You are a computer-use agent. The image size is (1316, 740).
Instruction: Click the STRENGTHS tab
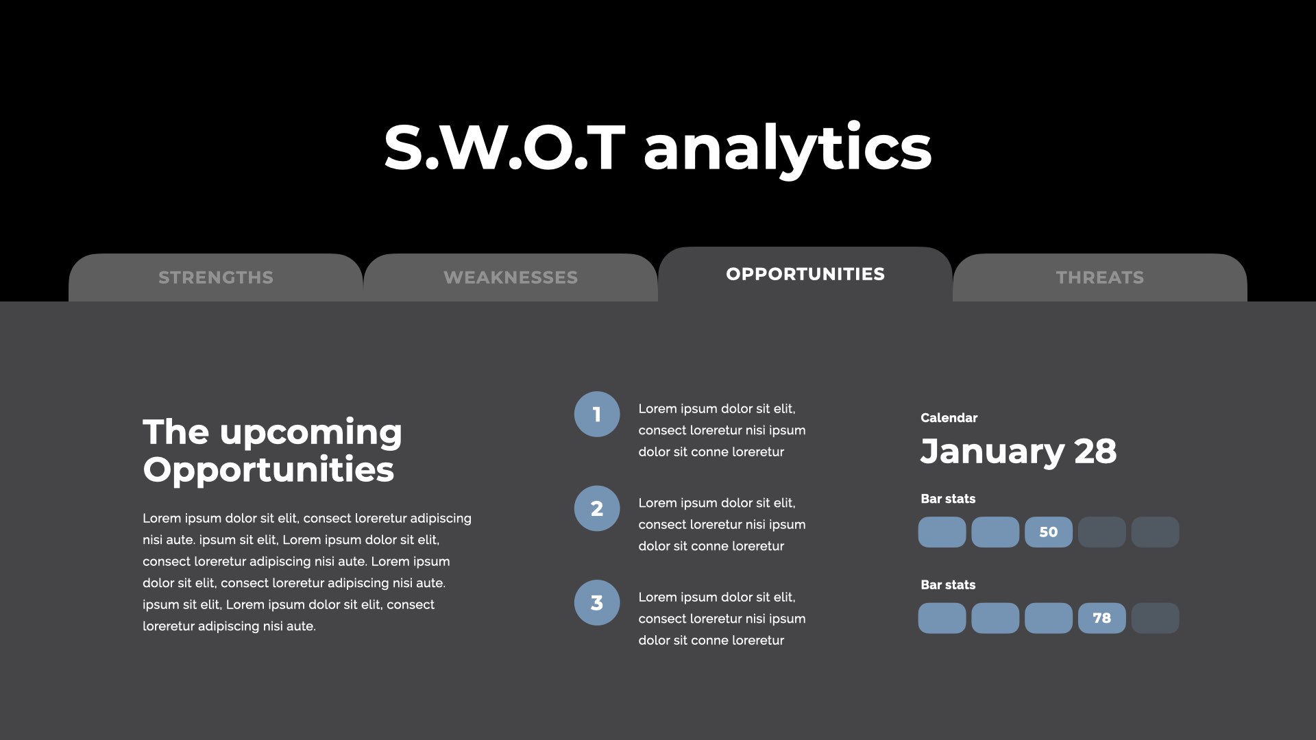(x=215, y=277)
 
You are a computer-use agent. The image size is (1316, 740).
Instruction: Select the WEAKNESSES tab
(x=511, y=277)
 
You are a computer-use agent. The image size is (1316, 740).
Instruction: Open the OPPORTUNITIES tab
(x=805, y=274)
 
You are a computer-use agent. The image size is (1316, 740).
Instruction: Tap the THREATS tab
(x=1100, y=277)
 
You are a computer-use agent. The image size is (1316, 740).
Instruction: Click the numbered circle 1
(x=597, y=414)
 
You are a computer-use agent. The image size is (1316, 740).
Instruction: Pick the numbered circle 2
(x=597, y=508)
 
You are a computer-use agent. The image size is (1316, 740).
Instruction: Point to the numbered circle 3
(x=597, y=603)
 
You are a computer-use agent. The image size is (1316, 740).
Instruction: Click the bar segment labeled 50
(x=1049, y=532)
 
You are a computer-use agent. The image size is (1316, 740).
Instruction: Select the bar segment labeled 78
(x=1101, y=618)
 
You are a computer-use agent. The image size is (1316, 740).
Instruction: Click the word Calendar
(x=949, y=418)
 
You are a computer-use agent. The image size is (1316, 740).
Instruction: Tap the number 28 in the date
(x=1095, y=452)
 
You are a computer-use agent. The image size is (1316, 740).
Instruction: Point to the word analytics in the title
(x=788, y=149)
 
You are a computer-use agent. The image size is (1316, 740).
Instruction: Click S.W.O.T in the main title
(x=504, y=148)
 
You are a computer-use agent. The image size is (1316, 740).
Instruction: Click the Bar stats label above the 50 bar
(x=948, y=499)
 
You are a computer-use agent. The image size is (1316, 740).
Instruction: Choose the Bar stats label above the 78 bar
(x=948, y=584)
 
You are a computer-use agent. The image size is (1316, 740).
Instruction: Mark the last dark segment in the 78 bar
(x=1155, y=618)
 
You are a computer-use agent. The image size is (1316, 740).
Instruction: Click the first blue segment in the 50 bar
(x=942, y=532)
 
